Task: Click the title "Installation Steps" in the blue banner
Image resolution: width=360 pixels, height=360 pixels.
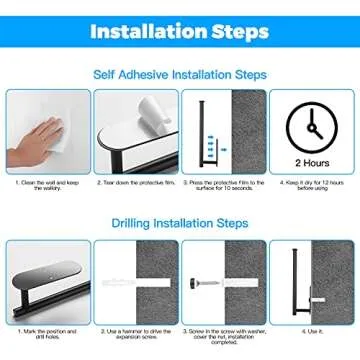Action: coord(180,31)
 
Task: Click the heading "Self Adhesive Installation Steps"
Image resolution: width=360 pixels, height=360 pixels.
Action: coord(180,74)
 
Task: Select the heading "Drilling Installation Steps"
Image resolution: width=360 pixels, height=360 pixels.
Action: coord(180,223)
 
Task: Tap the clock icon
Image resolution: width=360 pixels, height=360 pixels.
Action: coord(311,124)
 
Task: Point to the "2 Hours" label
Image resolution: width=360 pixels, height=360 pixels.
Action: coord(311,161)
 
